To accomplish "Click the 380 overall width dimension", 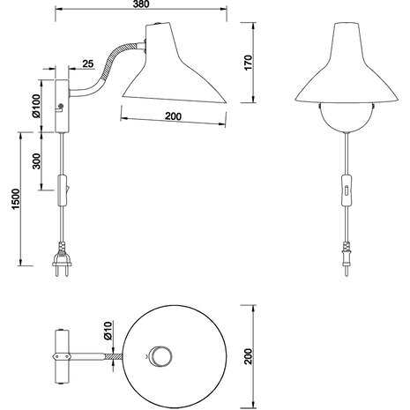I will point(138,5).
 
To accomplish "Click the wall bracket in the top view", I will point(63,356).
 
